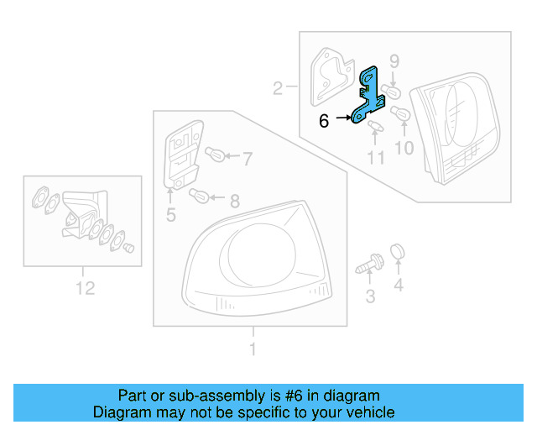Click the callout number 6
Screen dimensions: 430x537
click(324, 120)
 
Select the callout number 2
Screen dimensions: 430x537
click(277, 87)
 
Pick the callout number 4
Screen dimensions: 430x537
click(399, 286)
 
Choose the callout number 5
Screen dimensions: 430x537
click(170, 216)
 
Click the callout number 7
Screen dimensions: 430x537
click(247, 156)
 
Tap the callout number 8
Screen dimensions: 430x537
click(234, 201)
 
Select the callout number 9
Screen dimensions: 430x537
click(394, 60)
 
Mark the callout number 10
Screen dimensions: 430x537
click(404, 149)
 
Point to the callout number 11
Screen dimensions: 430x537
click(375, 157)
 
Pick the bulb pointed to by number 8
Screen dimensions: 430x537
click(201, 197)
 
